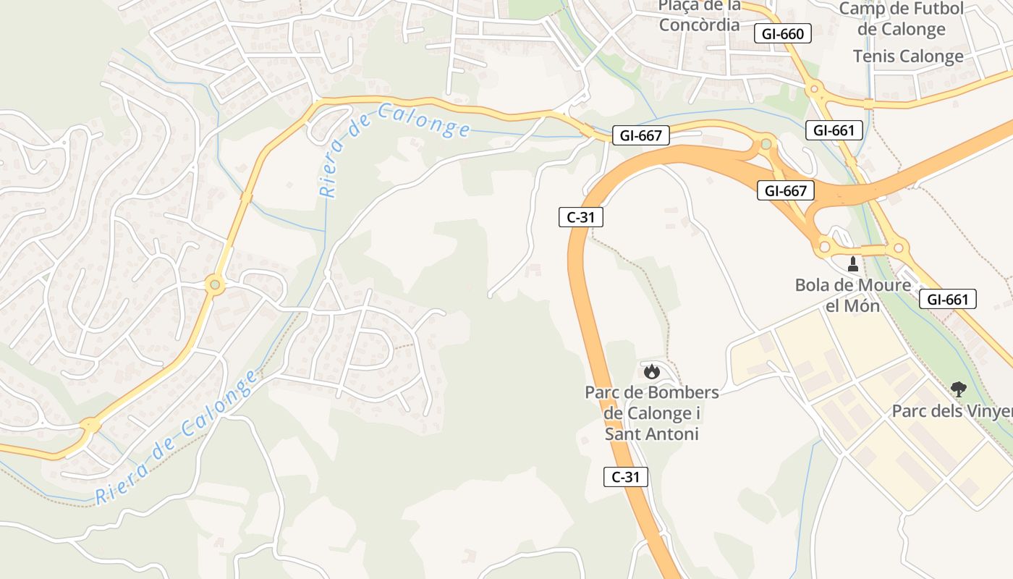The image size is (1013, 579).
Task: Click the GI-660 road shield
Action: [783, 33]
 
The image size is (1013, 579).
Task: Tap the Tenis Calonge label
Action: [907, 56]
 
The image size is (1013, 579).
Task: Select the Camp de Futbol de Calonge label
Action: [901, 19]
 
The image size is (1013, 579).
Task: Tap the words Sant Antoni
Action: [651, 434]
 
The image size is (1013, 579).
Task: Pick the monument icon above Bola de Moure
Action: [853, 264]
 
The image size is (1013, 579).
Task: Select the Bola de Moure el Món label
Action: [853, 295]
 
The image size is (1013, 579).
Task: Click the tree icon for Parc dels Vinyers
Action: [958, 389]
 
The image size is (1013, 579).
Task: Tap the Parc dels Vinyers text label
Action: [951, 411]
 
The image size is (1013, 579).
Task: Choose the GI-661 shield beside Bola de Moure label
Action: [948, 299]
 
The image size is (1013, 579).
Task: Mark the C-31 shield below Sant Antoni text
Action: [626, 477]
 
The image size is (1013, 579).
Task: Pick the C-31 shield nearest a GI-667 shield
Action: [580, 216]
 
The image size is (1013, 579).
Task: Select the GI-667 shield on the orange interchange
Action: [786, 191]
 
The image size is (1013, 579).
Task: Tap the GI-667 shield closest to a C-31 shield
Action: [641, 135]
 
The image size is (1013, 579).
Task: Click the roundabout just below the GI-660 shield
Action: [815, 90]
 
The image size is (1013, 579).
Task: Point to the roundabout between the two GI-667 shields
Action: [766, 145]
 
